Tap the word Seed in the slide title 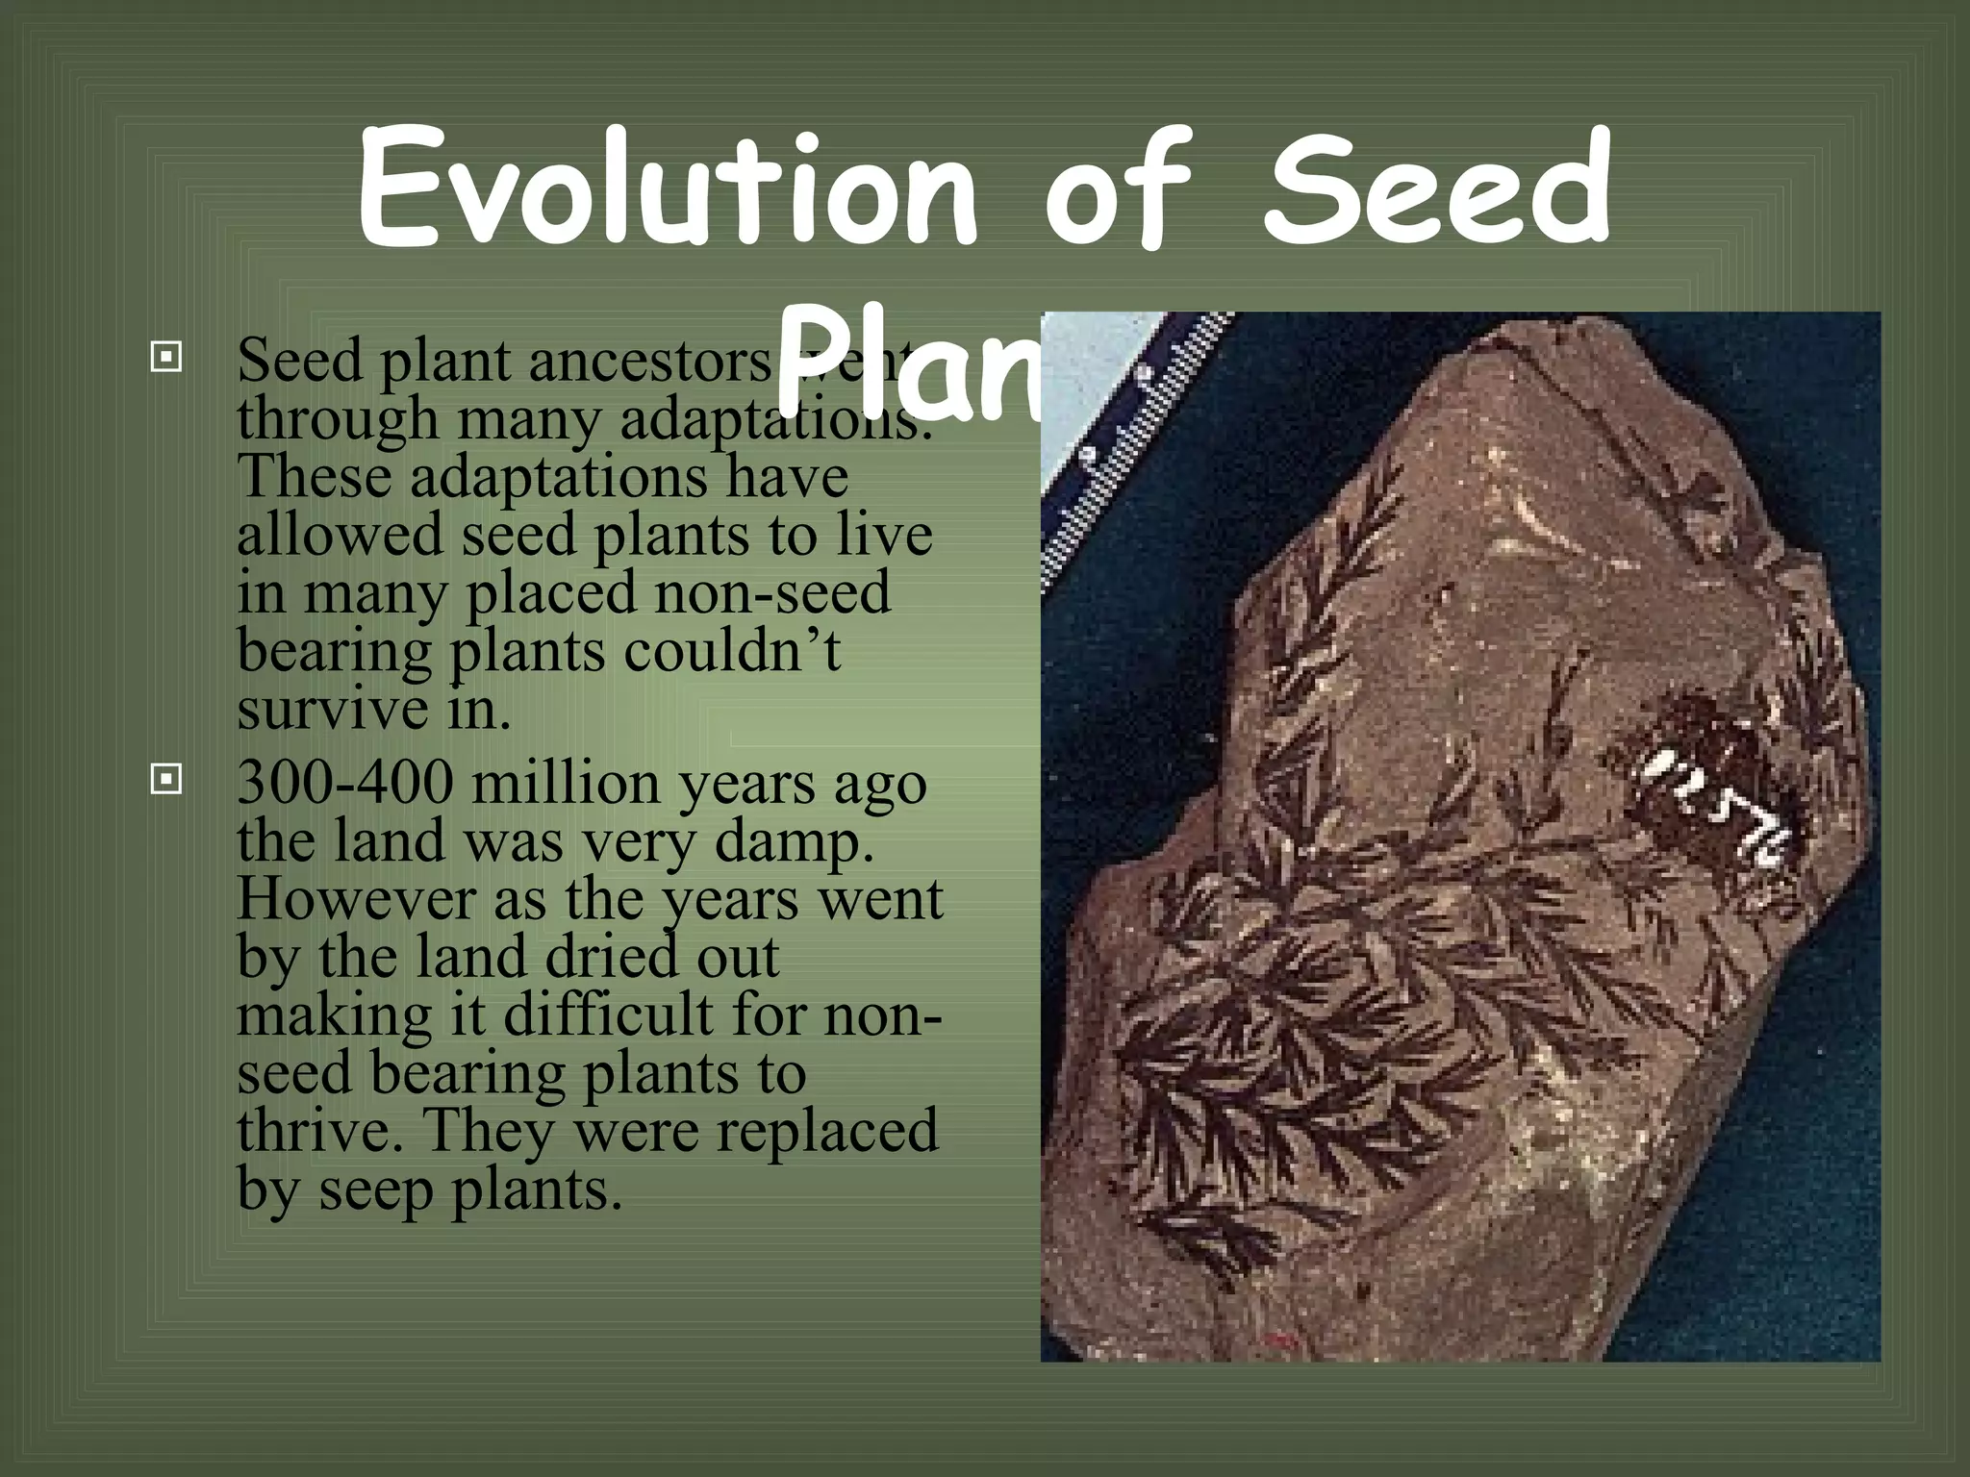1437,188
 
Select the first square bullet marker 166,358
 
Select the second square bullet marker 166,779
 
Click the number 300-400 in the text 344,783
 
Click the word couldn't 732,651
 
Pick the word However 356,900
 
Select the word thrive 317,1131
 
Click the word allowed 340,535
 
